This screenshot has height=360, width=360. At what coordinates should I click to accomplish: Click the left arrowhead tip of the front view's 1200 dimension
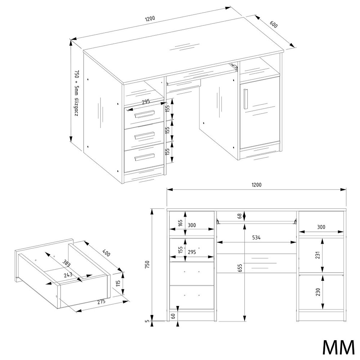click(167, 189)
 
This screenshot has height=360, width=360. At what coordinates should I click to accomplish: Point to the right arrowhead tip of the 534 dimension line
click(296, 242)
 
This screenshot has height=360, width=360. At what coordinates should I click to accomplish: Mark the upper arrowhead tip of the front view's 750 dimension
click(152, 209)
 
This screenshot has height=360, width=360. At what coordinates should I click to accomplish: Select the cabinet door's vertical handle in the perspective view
click(245, 99)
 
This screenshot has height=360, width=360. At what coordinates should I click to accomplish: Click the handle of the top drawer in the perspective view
click(144, 114)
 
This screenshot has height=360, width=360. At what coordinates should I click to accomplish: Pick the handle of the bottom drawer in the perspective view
click(144, 157)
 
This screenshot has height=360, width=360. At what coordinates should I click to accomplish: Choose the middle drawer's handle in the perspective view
click(144, 136)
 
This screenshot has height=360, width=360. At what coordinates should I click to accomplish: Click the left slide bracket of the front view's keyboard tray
click(217, 221)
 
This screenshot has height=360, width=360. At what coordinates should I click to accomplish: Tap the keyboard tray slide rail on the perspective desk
click(234, 67)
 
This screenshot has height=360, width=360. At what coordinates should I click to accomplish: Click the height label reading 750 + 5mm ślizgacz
click(76, 93)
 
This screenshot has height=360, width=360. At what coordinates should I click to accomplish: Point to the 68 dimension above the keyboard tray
click(240, 216)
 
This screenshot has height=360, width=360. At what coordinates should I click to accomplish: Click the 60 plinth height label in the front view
click(173, 316)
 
